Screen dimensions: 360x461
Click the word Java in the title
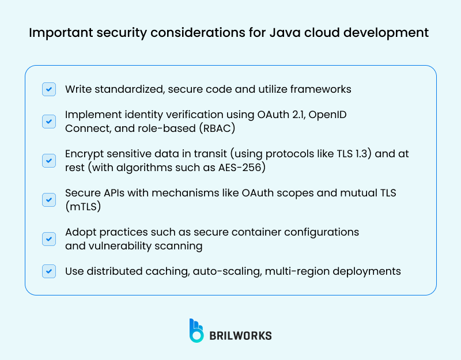pos(284,32)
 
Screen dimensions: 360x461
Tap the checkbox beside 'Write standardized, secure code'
pos(49,89)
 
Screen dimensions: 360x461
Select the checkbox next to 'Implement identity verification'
pos(49,122)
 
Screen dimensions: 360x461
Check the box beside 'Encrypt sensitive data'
pos(49,161)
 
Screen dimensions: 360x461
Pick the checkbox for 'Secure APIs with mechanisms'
pos(49,199)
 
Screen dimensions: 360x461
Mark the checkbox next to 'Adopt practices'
pos(49,238)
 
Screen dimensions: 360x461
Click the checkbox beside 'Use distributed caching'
pos(49,271)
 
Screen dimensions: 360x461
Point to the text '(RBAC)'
pos(230,128)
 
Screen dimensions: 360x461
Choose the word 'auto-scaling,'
pos(225,271)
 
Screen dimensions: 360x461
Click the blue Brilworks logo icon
pos(197,330)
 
